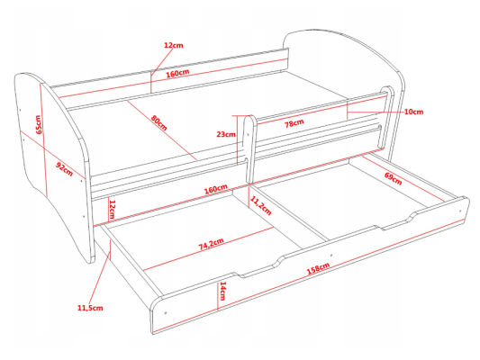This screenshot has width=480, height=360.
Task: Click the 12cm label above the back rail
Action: tap(174, 45)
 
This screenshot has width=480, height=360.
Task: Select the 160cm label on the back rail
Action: tap(177, 74)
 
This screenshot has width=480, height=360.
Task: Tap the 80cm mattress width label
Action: tap(158, 122)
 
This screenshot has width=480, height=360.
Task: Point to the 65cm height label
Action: tap(39, 124)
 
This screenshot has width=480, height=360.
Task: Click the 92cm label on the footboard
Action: tap(65, 169)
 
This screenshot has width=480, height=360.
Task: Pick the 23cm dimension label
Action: tap(226, 134)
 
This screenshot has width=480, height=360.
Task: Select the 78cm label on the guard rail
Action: tap(294, 123)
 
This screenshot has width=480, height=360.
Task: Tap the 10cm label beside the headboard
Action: tap(414, 112)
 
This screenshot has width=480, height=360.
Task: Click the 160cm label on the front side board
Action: tap(216, 189)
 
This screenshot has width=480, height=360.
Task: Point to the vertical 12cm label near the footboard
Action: tap(112, 209)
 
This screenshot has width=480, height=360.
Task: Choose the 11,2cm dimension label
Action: tap(261, 205)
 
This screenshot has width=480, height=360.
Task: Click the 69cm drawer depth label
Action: tap(393, 178)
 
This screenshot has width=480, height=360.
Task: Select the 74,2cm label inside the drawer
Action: tap(212, 244)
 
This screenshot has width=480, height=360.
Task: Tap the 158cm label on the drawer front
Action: tap(318, 268)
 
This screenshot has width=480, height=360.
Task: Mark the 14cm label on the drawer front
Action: tap(222, 291)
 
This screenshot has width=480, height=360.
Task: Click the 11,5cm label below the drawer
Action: tap(90, 308)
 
